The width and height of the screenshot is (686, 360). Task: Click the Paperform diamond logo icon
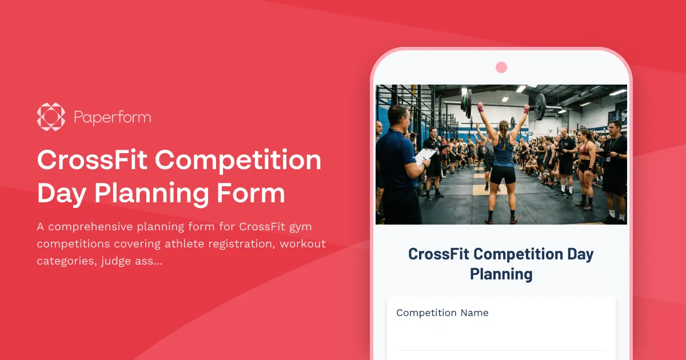(51, 117)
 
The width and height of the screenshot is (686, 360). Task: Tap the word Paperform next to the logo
(113, 118)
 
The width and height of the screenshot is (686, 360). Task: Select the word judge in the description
(124, 261)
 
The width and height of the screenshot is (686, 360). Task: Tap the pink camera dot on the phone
(501, 67)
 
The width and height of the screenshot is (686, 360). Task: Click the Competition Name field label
(442, 313)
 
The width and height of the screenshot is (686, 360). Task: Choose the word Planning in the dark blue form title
(501, 274)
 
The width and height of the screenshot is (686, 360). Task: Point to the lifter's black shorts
(503, 174)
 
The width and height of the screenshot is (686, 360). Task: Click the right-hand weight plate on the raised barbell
(540, 106)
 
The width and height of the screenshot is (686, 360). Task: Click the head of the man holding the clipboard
(398, 117)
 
